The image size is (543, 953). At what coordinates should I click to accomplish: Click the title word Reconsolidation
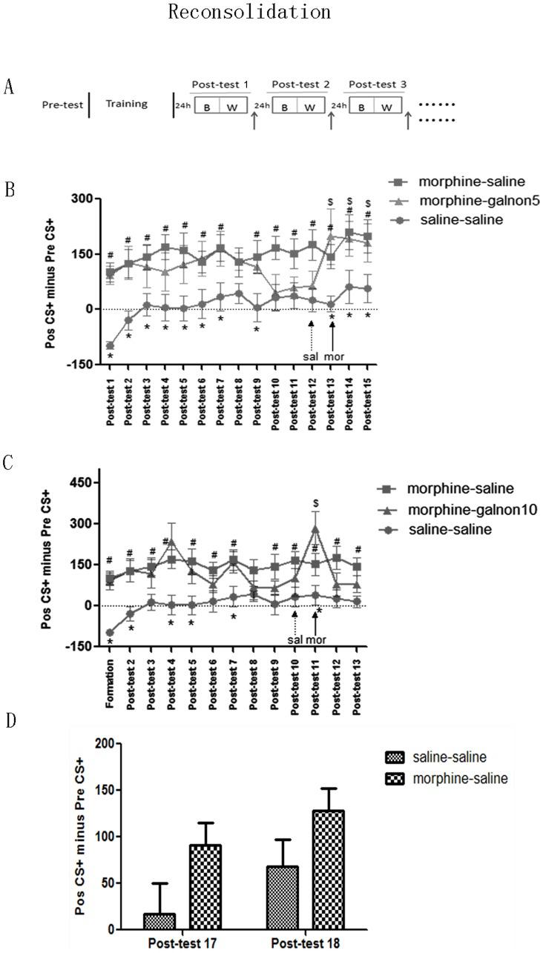[x=249, y=13]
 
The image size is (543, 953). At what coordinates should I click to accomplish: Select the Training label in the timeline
[x=126, y=104]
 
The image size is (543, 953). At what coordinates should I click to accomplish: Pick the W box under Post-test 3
[x=386, y=105]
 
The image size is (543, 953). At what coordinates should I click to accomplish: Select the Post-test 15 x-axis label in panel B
[x=367, y=399]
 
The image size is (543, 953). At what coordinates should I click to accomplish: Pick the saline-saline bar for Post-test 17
[x=159, y=921]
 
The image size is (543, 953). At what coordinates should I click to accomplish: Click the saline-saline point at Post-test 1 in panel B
[x=110, y=345]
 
